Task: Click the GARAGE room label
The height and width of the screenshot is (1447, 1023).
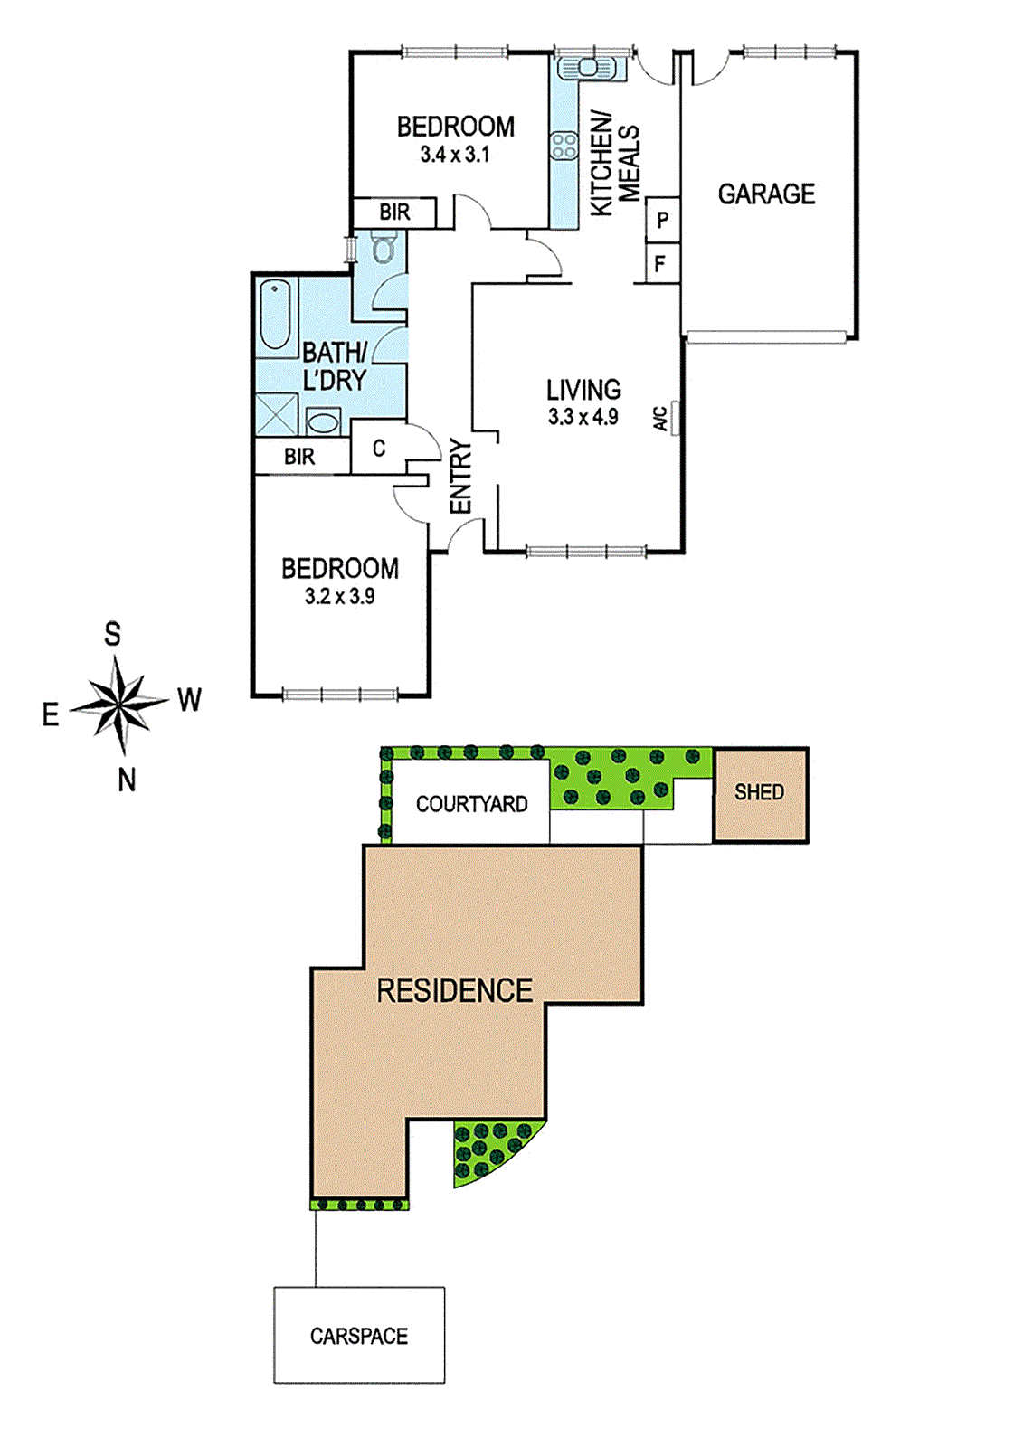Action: click(766, 194)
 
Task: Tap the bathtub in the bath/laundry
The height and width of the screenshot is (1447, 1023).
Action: click(276, 314)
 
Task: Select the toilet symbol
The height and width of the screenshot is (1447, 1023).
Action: click(384, 247)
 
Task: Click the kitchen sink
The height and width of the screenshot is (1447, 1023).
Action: click(587, 67)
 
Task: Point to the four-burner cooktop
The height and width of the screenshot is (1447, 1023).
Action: click(564, 146)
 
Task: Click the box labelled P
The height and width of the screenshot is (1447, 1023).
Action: click(663, 220)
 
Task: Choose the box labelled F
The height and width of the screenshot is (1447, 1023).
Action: click(661, 264)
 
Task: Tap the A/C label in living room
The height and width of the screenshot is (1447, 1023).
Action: click(661, 418)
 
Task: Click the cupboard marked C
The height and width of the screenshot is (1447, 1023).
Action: click(378, 448)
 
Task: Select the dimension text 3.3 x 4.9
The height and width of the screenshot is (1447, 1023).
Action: click(583, 417)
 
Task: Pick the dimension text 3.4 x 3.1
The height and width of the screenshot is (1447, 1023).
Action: click(454, 155)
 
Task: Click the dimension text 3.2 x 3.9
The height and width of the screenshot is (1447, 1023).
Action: click(339, 596)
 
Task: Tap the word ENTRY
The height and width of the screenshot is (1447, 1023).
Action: click(461, 477)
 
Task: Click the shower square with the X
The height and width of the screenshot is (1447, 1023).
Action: click(276, 415)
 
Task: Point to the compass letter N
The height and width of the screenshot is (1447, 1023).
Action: click(127, 780)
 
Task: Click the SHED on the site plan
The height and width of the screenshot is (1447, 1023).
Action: click(760, 793)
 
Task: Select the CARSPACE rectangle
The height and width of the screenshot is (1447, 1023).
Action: click(359, 1335)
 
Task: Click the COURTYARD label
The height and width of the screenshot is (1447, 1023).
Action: click(471, 804)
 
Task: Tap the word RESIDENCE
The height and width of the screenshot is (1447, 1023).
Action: click(454, 991)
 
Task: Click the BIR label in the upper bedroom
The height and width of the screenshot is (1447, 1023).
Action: click(394, 213)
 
